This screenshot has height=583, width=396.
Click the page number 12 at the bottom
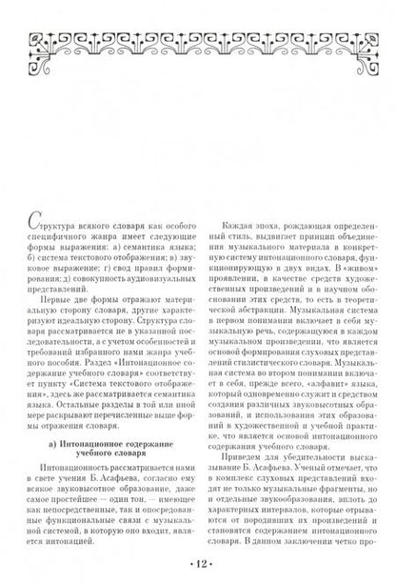coord(198,563)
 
